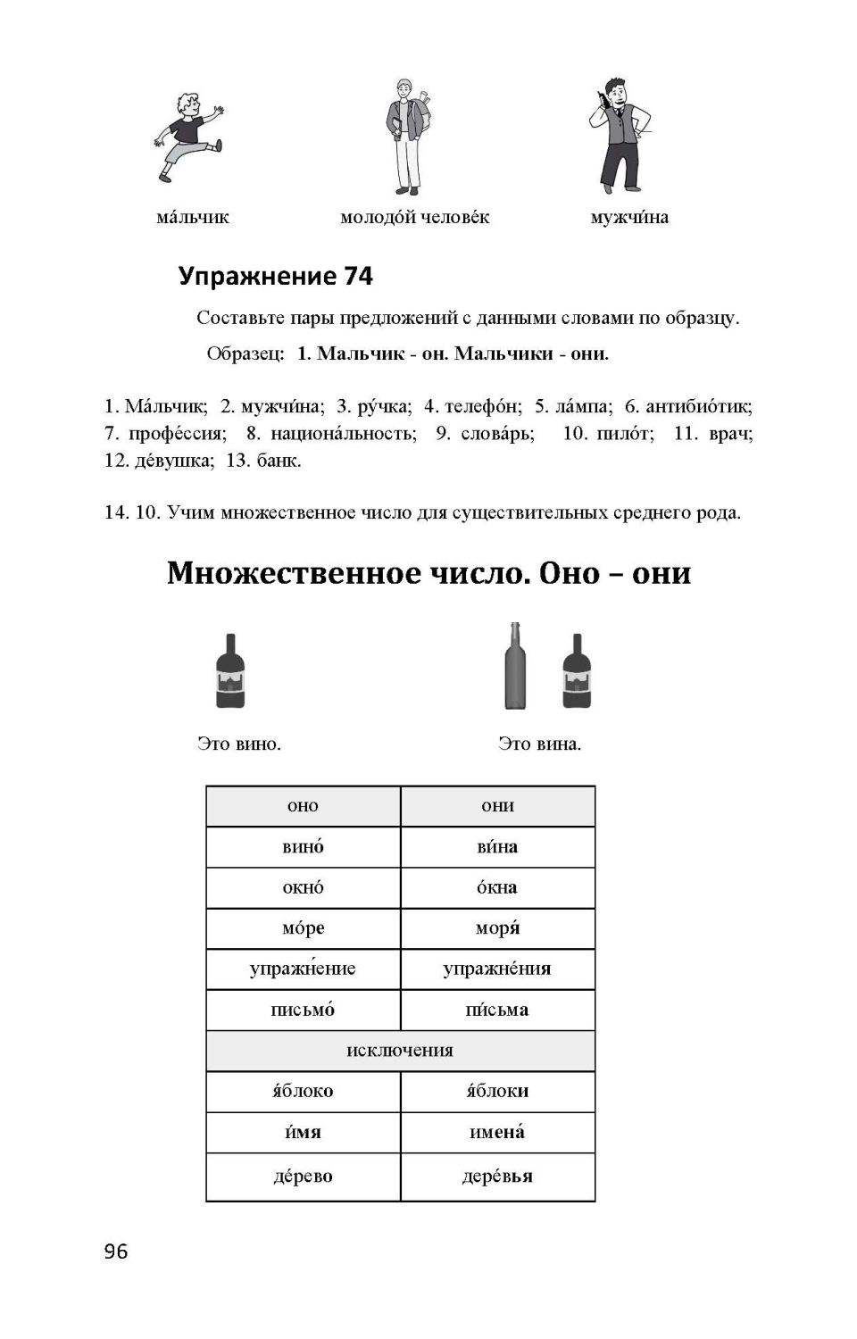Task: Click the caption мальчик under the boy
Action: (x=193, y=217)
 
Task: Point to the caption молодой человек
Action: (x=415, y=217)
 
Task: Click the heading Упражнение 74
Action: (x=275, y=276)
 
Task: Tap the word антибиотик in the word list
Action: (x=698, y=407)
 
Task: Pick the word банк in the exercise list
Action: (x=279, y=461)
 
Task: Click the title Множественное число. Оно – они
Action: (x=428, y=572)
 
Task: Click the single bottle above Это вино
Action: (x=230, y=671)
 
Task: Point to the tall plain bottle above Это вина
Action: (x=515, y=667)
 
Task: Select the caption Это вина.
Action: (x=539, y=744)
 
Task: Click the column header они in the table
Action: (x=497, y=806)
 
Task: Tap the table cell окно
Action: (x=303, y=888)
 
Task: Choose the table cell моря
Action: (x=497, y=928)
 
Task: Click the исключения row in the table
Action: (x=400, y=1051)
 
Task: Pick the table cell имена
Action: (x=497, y=1132)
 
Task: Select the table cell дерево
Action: (x=303, y=1177)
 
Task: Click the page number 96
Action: (x=116, y=1252)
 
